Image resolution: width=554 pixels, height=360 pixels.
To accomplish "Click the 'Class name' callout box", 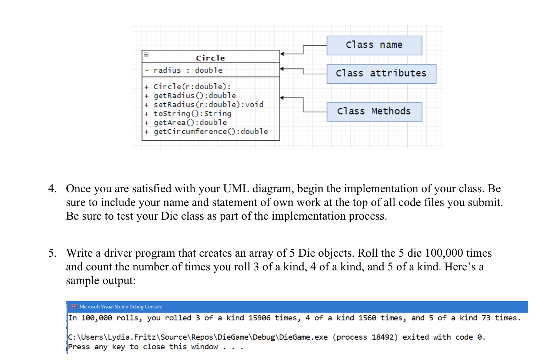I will point(374,45).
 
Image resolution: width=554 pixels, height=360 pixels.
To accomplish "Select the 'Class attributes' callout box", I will point(381,74).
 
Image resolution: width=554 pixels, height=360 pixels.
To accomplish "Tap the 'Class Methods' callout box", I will point(374,111).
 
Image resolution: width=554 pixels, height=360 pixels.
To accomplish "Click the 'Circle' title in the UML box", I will point(210,58).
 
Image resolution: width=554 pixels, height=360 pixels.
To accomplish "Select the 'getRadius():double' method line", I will point(195,96).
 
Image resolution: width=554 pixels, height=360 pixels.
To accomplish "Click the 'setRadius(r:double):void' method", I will point(208,104).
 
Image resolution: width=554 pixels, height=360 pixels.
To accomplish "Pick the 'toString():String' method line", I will point(192,113).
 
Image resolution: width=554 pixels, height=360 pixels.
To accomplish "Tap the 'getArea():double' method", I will point(190,122).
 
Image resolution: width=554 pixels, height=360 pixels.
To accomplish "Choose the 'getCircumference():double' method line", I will point(211,131).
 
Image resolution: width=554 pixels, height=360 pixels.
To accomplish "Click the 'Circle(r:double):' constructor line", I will point(192,87).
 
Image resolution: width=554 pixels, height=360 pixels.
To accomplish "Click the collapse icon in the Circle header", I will point(146,54).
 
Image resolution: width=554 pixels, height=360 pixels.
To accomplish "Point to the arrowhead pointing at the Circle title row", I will point(282,54).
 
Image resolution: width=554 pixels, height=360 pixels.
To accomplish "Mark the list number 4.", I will point(52,189).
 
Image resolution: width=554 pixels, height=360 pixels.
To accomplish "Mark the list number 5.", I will point(52,253).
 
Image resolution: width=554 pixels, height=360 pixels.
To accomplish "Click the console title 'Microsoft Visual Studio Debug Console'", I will point(121,307).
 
